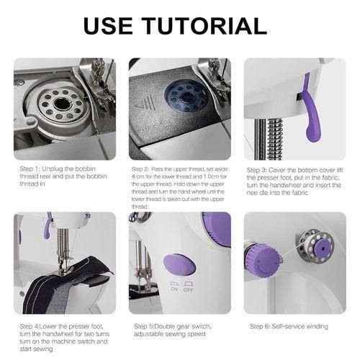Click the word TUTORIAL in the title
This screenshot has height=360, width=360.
[206, 26]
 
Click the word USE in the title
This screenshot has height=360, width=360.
[108, 26]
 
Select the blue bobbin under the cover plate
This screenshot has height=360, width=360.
[185, 96]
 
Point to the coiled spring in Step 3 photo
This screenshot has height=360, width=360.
[276, 139]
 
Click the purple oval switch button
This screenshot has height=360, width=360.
[180, 264]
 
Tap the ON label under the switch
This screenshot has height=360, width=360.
[174, 289]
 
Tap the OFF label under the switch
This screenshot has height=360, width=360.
[189, 289]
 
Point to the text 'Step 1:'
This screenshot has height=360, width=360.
[30, 168]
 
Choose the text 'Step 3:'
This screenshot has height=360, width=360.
[257, 170]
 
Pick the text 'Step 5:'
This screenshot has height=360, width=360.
[144, 326]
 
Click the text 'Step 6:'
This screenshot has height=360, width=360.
[260, 326]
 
